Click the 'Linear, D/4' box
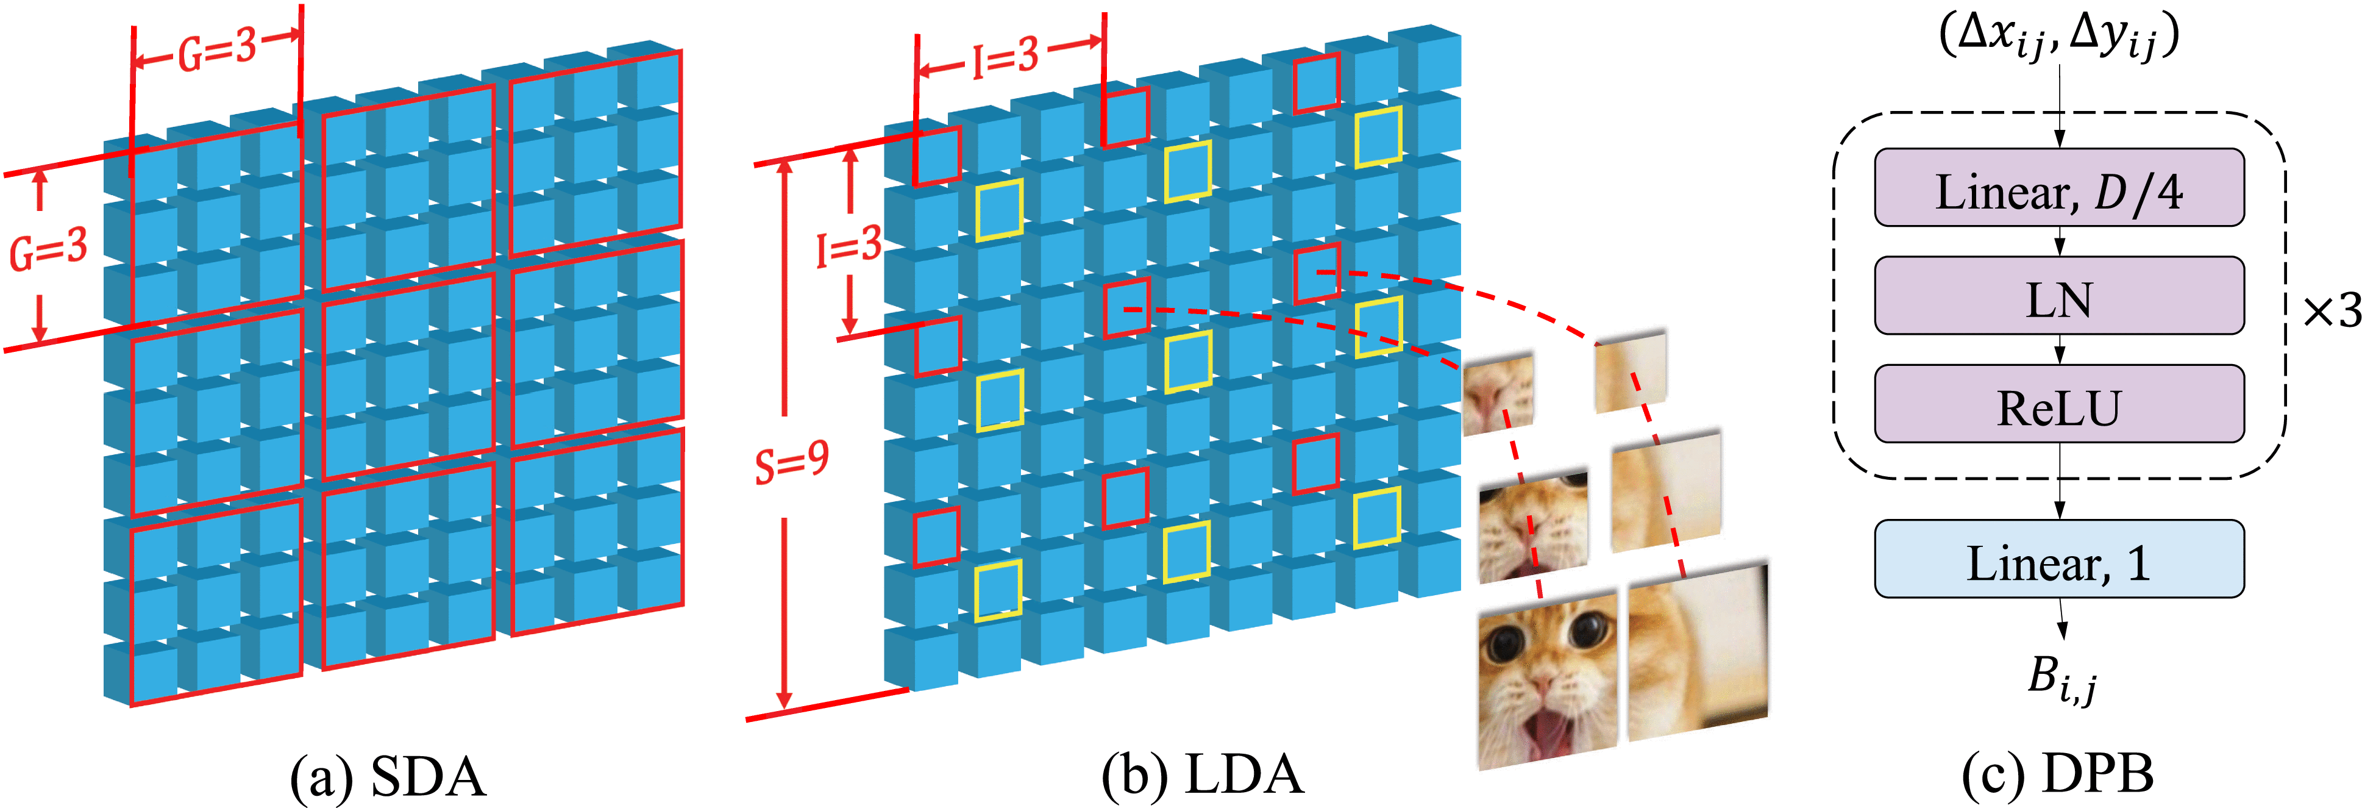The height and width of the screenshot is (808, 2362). point(2058,188)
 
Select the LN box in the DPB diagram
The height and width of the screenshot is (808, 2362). point(2058,296)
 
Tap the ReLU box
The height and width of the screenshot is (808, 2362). point(2058,404)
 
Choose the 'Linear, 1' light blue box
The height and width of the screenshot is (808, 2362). point(2058,559)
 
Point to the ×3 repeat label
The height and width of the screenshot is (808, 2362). point(2330,312)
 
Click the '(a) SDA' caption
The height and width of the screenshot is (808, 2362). point(387,776)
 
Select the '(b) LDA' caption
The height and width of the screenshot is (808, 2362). point(1202,776)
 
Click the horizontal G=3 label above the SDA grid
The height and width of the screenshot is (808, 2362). point(218,51)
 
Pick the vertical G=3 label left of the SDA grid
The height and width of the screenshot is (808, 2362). point(48,249)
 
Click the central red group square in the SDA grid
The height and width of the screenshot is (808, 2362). point(408,376)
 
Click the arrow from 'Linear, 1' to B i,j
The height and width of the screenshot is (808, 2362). point(2061,619)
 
